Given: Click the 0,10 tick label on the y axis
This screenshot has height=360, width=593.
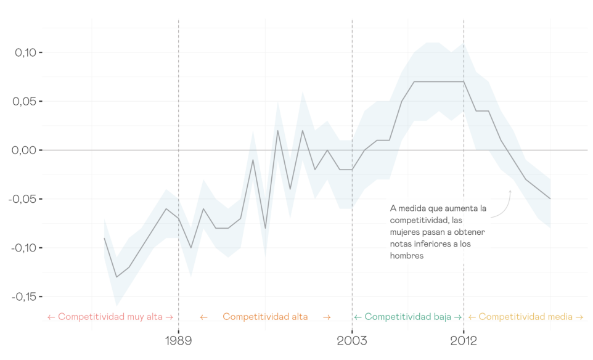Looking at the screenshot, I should [25, 52].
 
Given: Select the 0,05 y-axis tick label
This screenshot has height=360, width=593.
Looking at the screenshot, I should [25, 101].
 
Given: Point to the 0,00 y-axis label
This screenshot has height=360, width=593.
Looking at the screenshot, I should [25, 150].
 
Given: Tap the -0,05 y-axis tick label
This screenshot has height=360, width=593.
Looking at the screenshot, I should [23, 199].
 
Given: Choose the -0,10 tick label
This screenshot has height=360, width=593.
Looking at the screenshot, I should [23, 248].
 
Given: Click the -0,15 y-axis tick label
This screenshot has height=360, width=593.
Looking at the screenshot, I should [23, 297].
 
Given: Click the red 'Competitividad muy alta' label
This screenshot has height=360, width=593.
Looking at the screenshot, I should [110, 317].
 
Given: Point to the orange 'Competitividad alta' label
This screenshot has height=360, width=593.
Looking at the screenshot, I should [265, 317].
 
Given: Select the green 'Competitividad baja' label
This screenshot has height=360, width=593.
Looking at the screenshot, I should [407, 317].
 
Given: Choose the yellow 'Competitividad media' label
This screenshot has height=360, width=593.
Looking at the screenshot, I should [525, 317].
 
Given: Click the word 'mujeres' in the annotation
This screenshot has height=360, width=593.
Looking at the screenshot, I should [405, 232].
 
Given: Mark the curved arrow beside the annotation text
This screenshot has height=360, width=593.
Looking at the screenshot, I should [504, 205].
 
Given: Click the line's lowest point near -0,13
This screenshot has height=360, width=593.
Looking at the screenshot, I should [117, 277].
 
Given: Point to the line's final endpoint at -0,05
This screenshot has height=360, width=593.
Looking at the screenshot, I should [550, 198].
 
